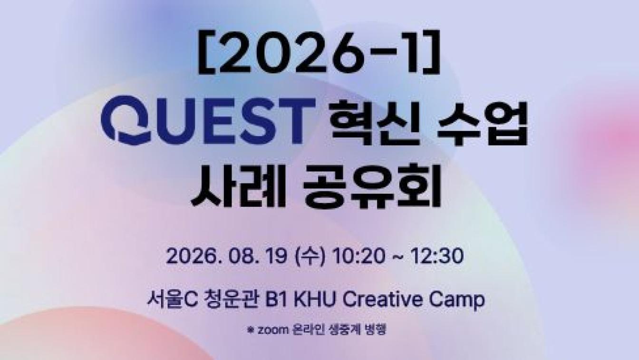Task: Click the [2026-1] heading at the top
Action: [319, 51]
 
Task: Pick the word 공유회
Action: [372, 185]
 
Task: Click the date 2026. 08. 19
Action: [226, 256]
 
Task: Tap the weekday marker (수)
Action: [310, 256]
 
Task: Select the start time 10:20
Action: [358, 256]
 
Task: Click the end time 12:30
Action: [437, 256]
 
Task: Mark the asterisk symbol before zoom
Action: [251, 330]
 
